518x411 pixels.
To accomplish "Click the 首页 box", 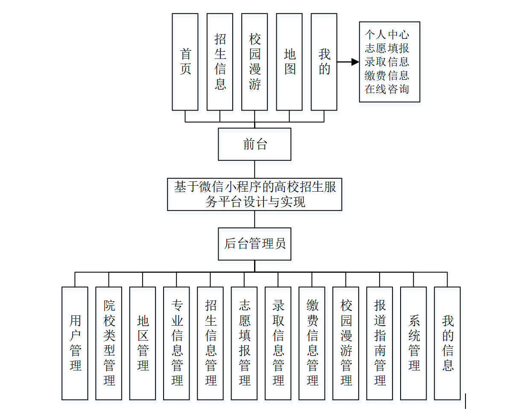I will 185,62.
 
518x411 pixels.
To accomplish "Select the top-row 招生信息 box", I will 220,62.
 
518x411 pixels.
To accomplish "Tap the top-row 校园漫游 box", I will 255,62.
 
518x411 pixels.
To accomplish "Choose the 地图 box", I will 290,62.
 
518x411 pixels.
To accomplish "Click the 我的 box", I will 324,62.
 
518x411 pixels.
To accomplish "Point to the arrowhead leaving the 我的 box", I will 355,62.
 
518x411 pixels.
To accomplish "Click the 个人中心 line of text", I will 387,35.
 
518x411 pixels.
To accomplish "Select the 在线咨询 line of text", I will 387,89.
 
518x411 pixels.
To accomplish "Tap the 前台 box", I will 255,144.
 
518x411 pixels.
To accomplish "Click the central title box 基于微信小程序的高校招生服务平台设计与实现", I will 255,194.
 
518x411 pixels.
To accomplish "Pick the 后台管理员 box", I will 255,244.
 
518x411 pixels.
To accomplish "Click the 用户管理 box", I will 75,343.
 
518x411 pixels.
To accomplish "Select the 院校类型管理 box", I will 109,343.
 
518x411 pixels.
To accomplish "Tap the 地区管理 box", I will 143,343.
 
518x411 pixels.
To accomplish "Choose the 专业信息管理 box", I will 176,343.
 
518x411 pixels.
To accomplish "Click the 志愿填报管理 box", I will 244,343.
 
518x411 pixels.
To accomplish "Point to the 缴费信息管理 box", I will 312,343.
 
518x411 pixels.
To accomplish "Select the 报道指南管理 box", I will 380,343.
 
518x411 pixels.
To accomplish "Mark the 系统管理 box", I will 413,343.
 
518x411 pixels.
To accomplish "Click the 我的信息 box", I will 448,343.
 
